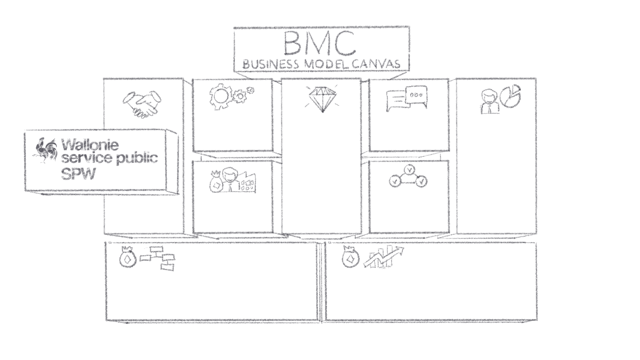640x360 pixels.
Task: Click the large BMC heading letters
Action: point(319,44)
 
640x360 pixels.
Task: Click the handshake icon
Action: point(142,103)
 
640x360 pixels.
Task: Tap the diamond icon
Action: point(322,99)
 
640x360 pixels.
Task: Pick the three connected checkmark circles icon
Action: point(408,177)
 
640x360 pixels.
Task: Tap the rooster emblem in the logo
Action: point(45,150)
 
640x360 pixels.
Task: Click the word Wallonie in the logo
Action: point(90,145)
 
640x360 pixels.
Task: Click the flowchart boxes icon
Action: point(158,258)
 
